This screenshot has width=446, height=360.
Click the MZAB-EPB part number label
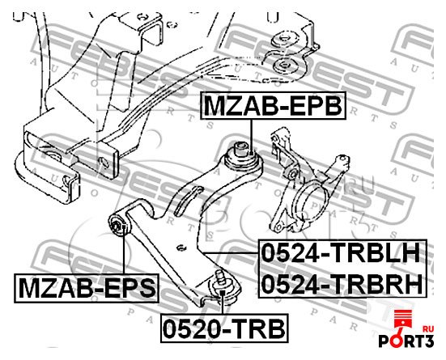click(x=274, y=105)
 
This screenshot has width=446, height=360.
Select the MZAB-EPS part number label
click(x=87, y=288)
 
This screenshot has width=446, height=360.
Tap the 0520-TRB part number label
click(x=224, y=328)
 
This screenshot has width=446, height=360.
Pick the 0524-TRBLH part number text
click(x=341, y=252)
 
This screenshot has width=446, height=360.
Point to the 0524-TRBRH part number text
click(x=342, y=285)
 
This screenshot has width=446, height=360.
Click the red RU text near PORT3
click(x=428, y=329)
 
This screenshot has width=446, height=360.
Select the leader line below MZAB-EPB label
click(x=251, y=137)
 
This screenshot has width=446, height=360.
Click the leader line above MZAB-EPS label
click(x=124, y=249)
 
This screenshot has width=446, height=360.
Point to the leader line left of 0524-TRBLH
click(x=231, y=252)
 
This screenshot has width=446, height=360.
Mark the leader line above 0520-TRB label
click(x=223, y=302)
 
